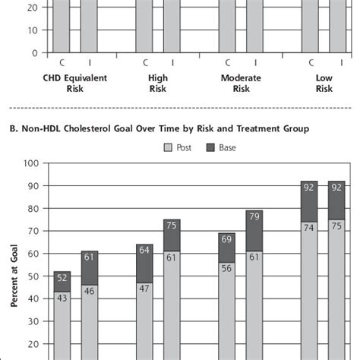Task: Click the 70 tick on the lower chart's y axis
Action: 32,230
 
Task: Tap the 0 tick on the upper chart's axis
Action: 34,53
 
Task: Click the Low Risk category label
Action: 325,83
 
